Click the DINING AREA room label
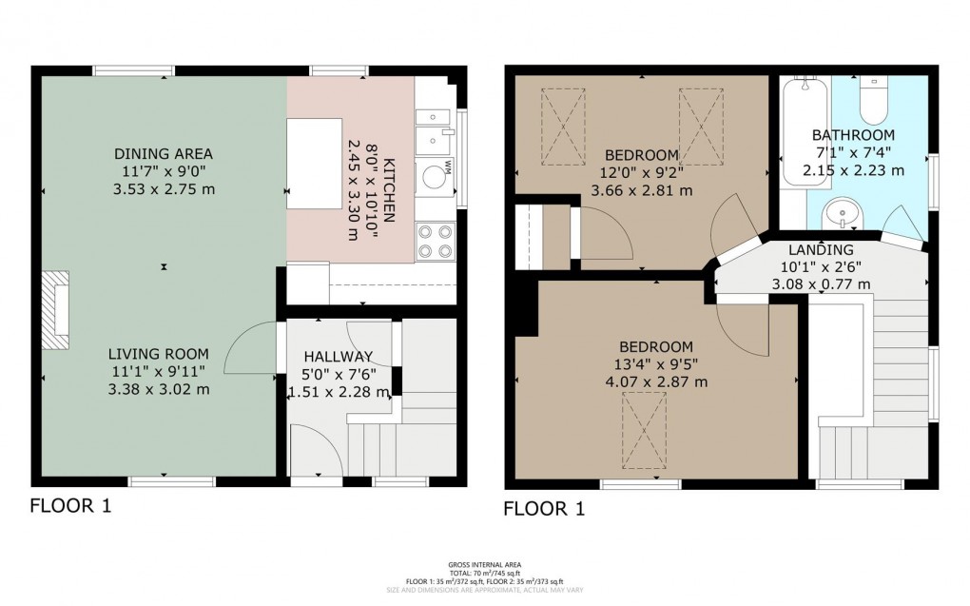point(163,153)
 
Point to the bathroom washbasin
point(838,214)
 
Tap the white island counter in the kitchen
point(315,163)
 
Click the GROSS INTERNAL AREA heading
point(485,563)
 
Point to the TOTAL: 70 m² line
point(485,572)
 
